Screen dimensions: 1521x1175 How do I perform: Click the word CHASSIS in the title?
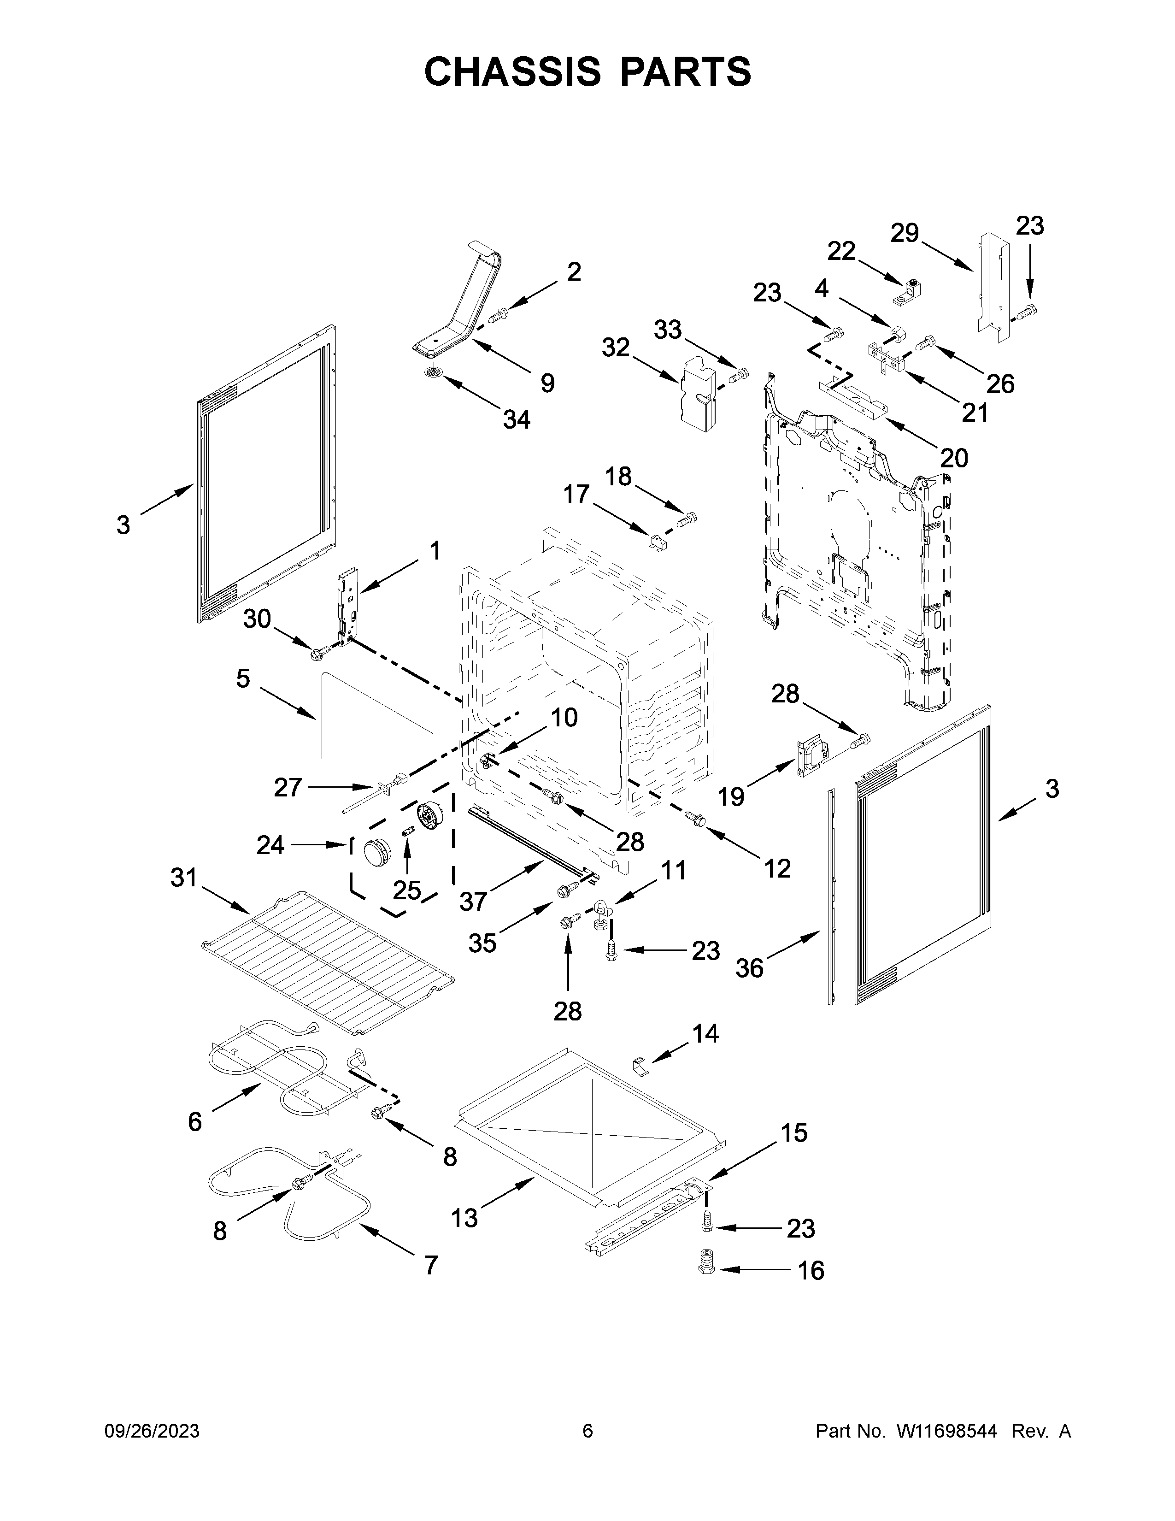tap(512, 72)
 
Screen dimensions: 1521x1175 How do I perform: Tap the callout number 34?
tap(517, 419)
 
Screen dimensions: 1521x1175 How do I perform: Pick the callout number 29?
tap(905, 233)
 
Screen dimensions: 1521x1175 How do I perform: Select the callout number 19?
tap(731, 796)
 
